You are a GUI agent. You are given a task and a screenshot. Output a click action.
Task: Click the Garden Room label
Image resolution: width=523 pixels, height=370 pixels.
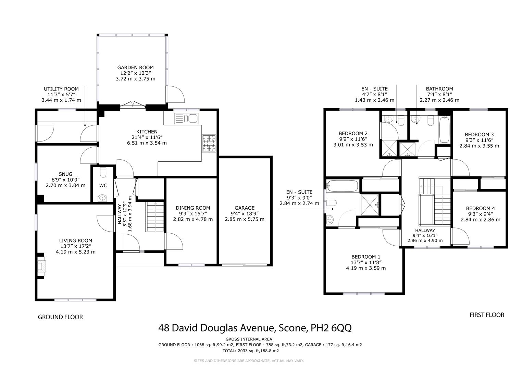tap(135, 67)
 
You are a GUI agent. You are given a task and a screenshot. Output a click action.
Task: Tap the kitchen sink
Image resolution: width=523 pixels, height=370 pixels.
tap(187, 119)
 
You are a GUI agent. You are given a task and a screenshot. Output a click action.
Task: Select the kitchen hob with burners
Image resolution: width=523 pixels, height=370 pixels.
tap(209, 143)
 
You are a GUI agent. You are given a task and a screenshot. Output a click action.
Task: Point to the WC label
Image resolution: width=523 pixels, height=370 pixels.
tap(103, 185)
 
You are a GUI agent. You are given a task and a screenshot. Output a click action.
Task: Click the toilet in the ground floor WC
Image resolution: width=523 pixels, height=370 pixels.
tap(103, 171)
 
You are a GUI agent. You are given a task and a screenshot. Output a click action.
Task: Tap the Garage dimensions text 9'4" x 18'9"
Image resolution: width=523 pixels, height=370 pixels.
tap(245, 213)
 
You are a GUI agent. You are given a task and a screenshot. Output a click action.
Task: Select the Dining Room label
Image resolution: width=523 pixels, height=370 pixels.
tap(193, 208)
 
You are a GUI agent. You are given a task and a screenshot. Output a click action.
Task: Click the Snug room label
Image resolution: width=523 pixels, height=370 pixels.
tap(65, 174)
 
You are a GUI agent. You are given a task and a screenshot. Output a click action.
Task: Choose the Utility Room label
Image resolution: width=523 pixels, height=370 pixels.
tap(61, 89)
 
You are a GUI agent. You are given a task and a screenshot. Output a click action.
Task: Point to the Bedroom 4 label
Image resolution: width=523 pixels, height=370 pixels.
tap(480, 208)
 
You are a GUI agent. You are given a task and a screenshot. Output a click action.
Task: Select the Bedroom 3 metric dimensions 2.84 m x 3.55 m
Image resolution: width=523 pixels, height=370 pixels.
tap(479, 146)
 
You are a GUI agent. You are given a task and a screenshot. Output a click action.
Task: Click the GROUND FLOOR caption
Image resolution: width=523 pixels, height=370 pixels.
tap(60, 317)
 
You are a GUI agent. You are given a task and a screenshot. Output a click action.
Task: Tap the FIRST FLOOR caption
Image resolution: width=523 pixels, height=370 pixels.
tap(487, 314)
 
